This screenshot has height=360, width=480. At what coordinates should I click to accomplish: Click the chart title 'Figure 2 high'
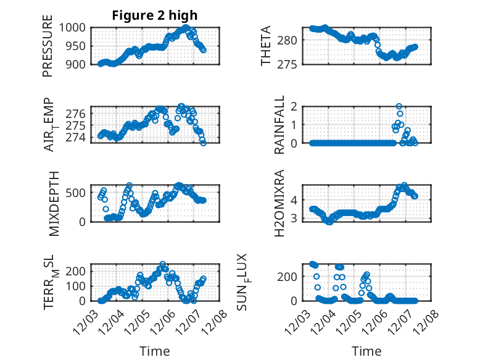pos(154,15)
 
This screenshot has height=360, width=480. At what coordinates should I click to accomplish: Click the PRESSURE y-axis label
pos(48,47)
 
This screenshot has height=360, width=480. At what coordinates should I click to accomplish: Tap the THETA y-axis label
pos(266,46)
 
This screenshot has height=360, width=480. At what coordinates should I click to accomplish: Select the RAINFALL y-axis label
pos(279,125)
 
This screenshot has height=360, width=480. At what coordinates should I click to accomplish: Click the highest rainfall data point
pos(399,106)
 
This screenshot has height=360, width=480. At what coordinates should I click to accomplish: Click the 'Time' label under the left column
pos(154,351)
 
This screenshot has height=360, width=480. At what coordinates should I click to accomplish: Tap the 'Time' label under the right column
pos(366,351)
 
